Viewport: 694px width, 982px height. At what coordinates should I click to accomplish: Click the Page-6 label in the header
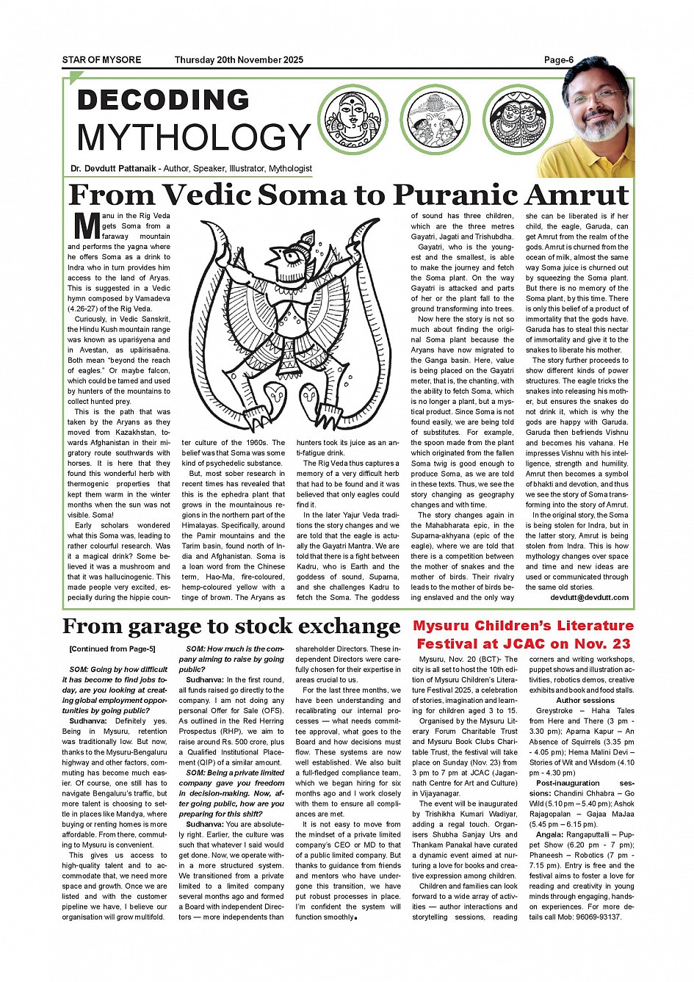(x=558, y=60)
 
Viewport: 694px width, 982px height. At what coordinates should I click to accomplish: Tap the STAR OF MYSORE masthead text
(x=101, y=60)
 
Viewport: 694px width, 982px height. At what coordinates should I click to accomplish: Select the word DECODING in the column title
(x=163, y=100)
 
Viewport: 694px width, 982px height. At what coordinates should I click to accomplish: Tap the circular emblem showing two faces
(x=518, y=119)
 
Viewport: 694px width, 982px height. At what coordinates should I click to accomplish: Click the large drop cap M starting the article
(x=87, y=231)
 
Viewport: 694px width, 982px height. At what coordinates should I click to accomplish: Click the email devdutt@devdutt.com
(x=589, y=597)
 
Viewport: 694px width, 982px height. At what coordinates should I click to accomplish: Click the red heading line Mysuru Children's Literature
(x=523, y=626)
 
